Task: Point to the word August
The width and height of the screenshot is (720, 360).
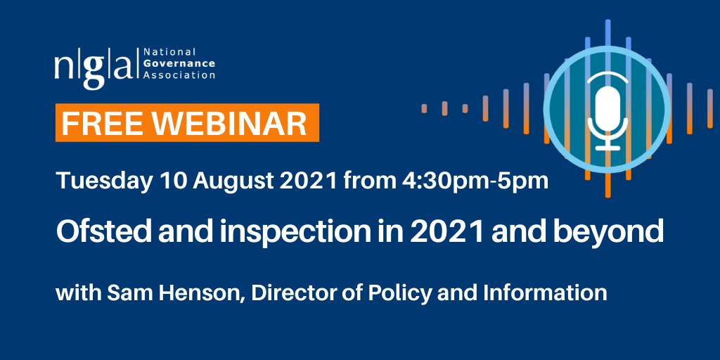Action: (x=238, y=181)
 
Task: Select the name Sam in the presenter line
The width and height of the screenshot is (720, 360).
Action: (x=123, y=292)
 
